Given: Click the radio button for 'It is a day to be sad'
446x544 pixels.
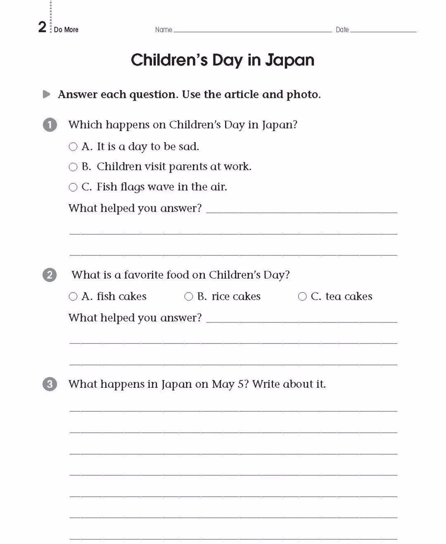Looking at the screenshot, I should pos(73,147).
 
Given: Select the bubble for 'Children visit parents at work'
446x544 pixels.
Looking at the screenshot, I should pos(73,167).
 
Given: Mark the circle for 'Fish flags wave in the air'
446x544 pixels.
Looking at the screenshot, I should pos(73,187).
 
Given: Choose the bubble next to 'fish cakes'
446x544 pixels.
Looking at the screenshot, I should pos(73,296).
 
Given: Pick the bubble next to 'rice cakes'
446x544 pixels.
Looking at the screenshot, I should pos(189,296).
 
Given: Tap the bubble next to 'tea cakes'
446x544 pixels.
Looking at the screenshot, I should pos(302,296).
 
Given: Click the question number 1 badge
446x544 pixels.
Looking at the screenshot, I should pos(50,125).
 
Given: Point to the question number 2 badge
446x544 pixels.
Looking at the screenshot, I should pos(50,275).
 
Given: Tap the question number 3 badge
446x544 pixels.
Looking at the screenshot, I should pos(50,384).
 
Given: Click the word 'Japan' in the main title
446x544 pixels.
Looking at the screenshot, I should pos(289,60).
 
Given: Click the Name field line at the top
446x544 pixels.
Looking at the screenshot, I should pos(252,31).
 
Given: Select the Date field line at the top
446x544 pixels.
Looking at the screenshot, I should pos(383,31).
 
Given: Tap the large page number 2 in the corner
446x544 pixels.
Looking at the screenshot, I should pos(42,27).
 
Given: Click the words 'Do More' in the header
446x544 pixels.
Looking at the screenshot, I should pos(66,30).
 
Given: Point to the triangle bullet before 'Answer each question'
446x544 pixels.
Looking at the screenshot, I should pos(47,95).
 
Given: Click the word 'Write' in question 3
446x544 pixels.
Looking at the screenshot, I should pos(268,384).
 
